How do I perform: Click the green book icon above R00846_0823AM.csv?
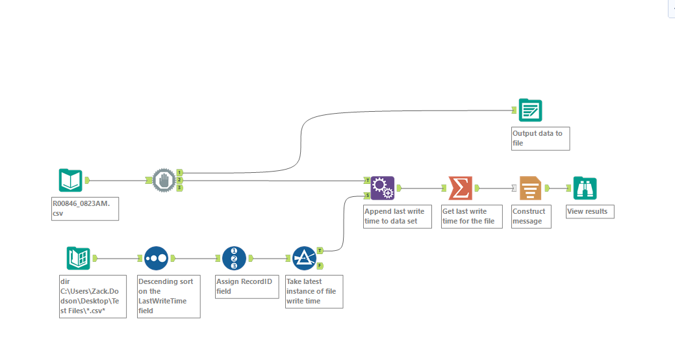point(70,180)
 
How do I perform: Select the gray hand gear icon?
point(164,180)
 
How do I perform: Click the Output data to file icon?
point(530,111)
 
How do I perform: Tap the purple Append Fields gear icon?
point(382,188)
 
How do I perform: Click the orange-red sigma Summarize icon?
point(460,188)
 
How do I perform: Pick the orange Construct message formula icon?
point(530,188)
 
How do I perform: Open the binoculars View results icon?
point(585,188)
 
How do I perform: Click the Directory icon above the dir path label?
point(78,258)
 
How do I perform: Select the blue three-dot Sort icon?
point(156,258)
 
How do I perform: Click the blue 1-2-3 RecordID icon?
point(234,258)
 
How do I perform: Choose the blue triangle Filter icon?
point(304,258)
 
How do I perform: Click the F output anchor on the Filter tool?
point(320,265)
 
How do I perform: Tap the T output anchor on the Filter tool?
point(320,250)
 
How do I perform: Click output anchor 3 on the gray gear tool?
point(180,188)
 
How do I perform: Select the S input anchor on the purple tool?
point(367,195)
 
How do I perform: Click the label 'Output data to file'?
point(540,138)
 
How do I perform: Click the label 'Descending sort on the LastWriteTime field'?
point(168,296)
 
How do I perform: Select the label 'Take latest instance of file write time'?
point(314,291)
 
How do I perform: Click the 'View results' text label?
point(589,211)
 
